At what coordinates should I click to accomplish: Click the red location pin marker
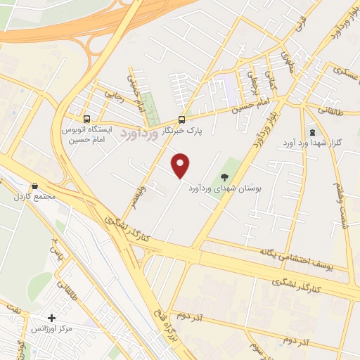pos(181,165)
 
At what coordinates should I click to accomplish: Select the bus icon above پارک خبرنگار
pos(182,120)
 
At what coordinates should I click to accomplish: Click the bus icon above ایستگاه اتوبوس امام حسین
pos(87,120)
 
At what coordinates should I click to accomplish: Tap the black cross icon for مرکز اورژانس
pos(51,319)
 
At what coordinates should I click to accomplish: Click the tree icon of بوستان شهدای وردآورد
pos(224,177)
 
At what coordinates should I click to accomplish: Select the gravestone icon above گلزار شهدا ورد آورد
pos(312,132)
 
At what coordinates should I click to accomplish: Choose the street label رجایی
pos(114,93)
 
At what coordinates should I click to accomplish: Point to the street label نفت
pos(13,307)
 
